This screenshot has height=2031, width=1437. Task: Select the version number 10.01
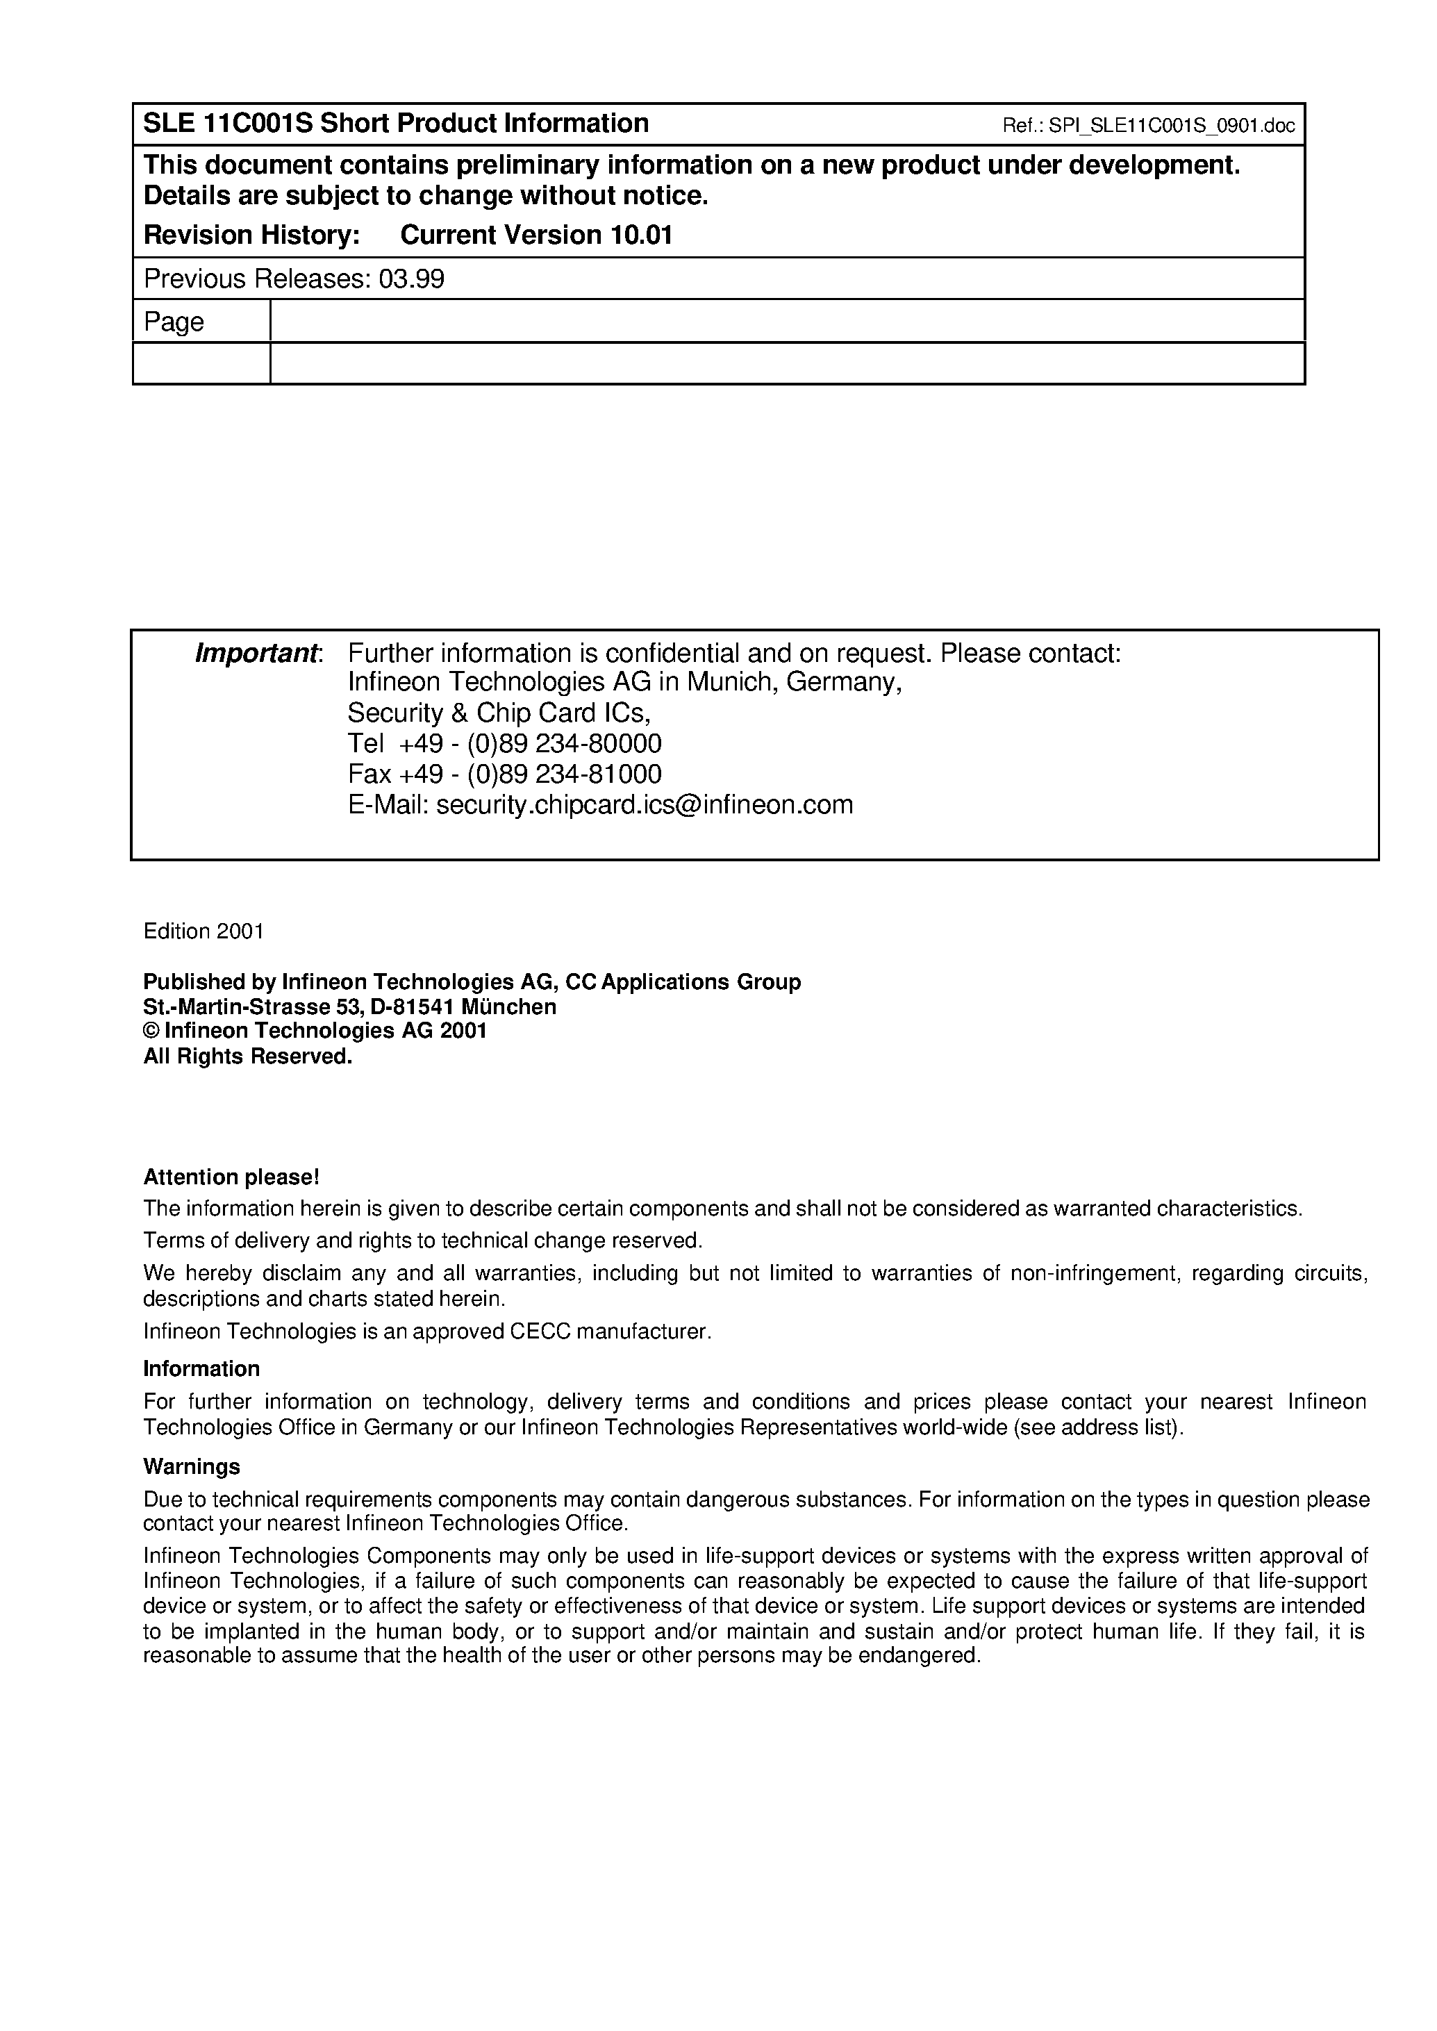coord(640,235)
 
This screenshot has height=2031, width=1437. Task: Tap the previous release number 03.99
coord(411,280)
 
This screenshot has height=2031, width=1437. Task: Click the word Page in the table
coord(174,322)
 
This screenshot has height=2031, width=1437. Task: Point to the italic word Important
coord(256,654)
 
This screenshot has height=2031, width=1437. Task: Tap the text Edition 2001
coord(203,932)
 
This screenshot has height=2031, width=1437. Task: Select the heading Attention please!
coord(231,1178)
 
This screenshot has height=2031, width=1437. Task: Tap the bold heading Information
coord(201,1369)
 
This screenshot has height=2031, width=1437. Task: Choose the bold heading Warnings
coord(191,1467)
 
